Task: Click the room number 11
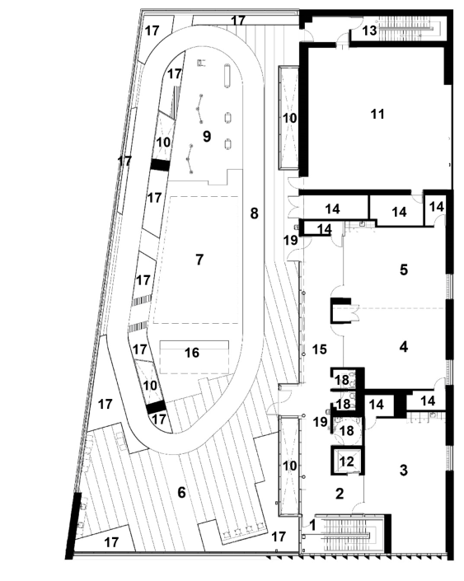coord(377,114)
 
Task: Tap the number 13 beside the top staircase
coord(369,30)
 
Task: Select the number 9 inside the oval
coord(207,136)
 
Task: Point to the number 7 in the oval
coord(199,260)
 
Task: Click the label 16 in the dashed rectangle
coord(192,353)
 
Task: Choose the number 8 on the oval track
coord(254,213)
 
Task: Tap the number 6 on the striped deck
coord(181,493)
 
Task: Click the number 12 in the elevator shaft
coord(347,462)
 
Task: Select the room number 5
coord(404,269)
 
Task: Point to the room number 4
coord(404,347)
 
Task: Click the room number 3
coord(404,470)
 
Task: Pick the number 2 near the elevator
coord(340,494)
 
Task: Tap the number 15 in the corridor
coord(320,349)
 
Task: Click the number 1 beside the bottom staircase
coord(312,525)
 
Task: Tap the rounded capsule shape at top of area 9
coord(227,76)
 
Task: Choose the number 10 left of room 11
coord(289,118)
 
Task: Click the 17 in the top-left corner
coord(152,30)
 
